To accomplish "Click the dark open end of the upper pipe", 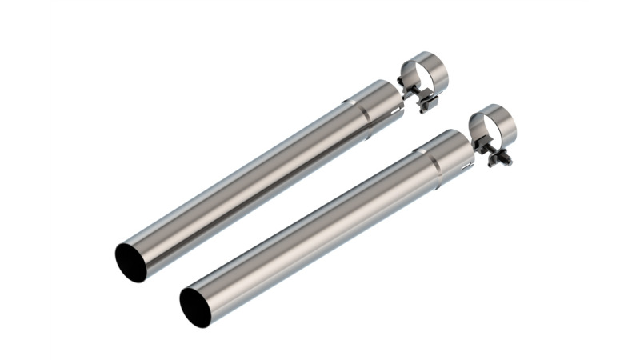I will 130,262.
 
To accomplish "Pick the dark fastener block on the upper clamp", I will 415,94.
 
